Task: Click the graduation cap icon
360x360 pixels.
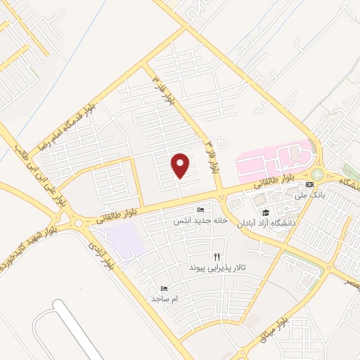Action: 266,212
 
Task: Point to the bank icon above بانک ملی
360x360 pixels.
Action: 309,184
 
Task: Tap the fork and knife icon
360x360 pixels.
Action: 217,257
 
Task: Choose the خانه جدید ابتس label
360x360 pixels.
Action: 201,220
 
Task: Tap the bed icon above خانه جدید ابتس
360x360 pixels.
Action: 201,210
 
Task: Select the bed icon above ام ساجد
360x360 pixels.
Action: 165,288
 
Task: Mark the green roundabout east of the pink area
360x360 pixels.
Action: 318,174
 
